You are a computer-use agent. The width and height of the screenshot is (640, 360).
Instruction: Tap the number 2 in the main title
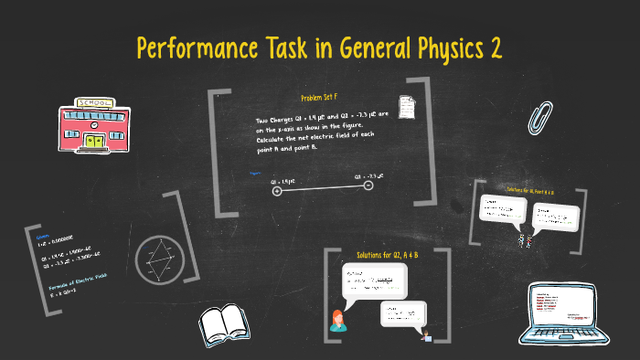(496, 48)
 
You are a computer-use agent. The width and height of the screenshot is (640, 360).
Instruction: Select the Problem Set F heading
(319, 98)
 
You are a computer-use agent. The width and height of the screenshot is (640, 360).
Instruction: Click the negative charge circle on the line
(368, 185)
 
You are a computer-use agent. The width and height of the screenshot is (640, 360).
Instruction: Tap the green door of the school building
(94, 141)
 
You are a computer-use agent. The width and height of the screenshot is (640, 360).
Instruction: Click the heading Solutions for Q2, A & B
(388, 254)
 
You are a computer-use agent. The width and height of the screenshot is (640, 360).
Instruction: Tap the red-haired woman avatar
(338, 320)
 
